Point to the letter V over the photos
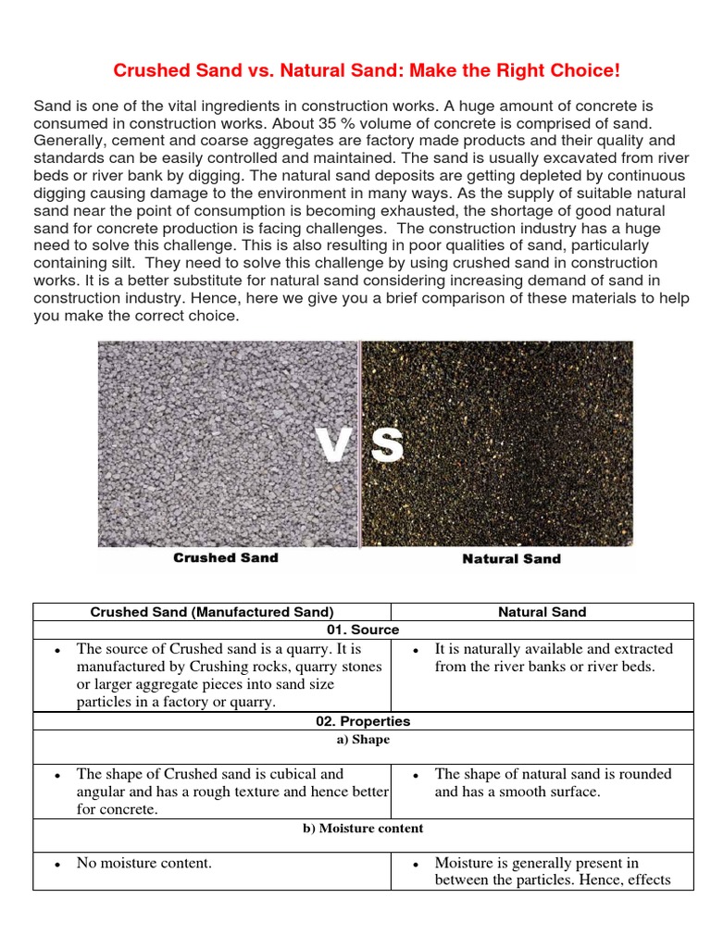[x=336, y=444]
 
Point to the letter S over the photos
[x=386, y=444]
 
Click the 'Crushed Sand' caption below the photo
[x=226, y=558]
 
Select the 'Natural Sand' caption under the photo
[x=511, y=559]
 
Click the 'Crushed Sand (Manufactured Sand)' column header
[x=211, y=612]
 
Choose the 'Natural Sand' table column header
[x=542, y=612]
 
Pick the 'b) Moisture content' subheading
[x=363, y=829]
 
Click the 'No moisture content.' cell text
[x=144, y=863]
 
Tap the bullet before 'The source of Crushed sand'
[x=57, y=651]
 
